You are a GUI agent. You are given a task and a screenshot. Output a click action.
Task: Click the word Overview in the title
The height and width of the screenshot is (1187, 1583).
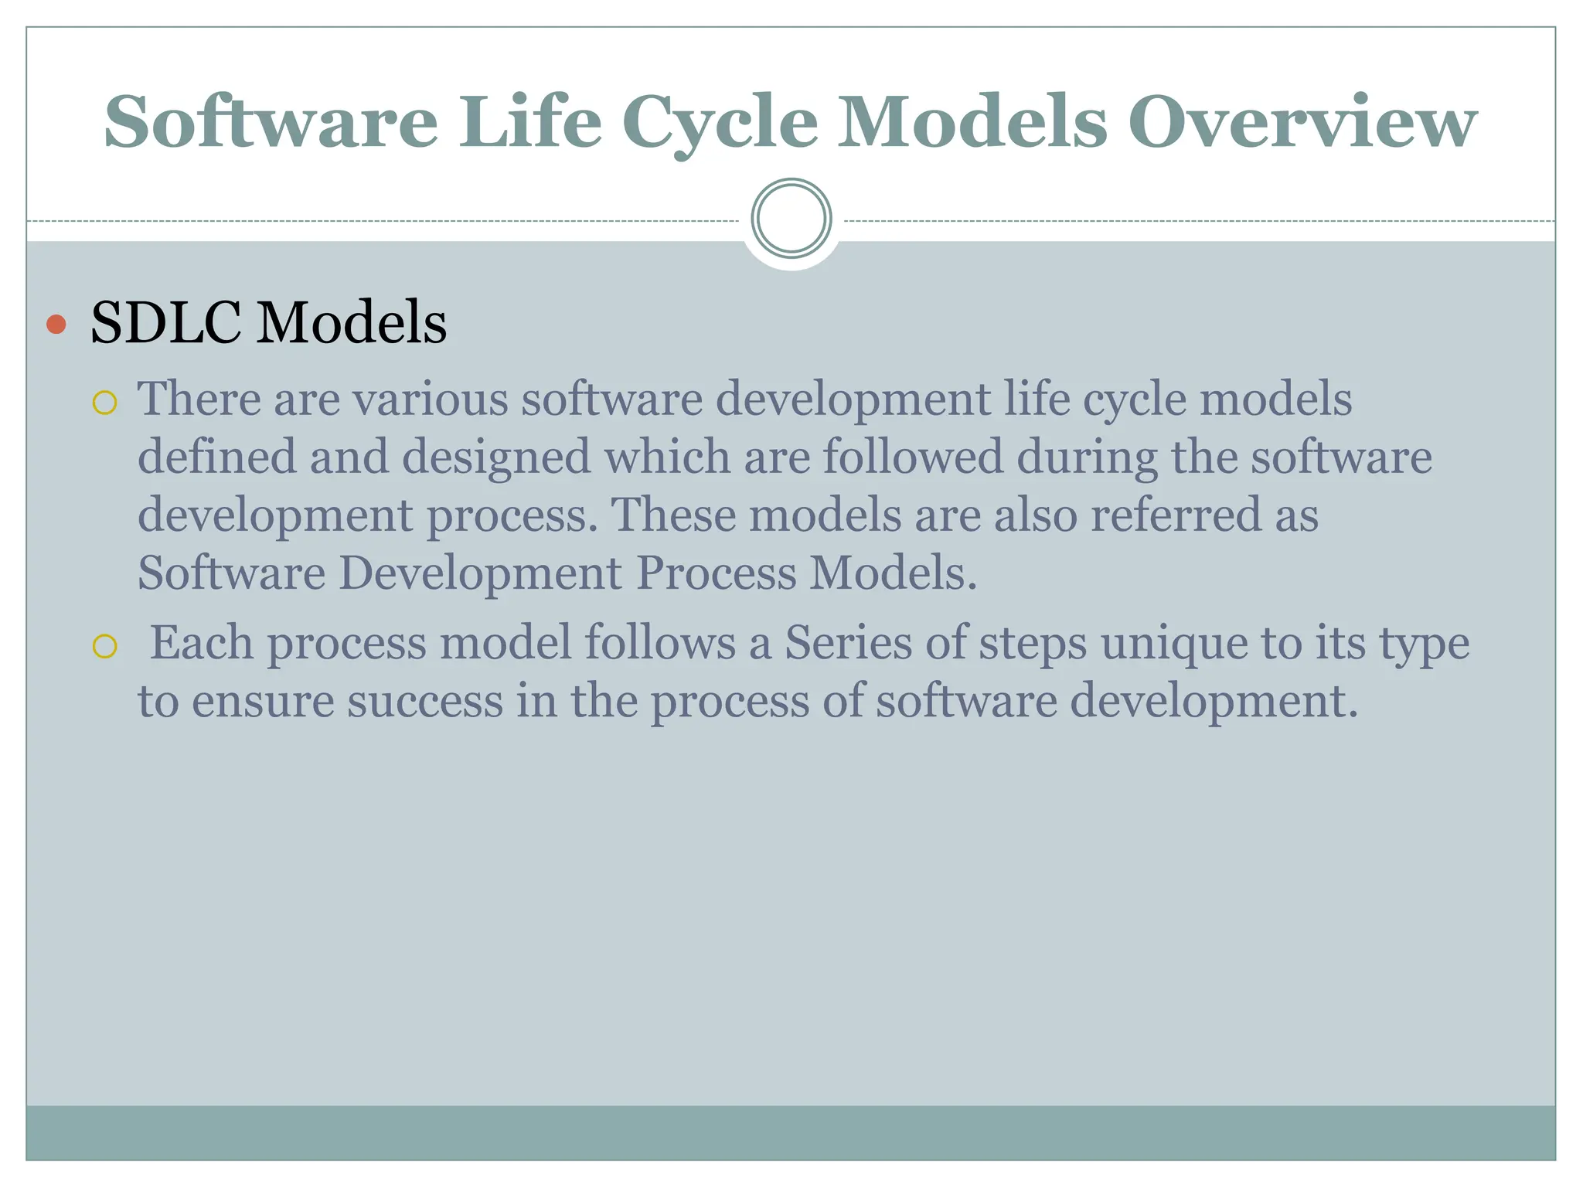(1302, 122)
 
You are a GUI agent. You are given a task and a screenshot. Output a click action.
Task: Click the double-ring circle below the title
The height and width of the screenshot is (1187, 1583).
(791, 219)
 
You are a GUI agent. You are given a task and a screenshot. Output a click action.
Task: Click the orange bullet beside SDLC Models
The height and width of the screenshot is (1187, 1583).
(56, 324)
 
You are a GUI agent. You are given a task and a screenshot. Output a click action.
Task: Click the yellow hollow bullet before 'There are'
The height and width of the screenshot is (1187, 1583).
(104, 403)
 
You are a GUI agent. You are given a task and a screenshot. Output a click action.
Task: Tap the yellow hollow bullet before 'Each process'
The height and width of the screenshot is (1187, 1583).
(104, 646)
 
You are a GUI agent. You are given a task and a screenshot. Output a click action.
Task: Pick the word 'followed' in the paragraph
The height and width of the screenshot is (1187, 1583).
(912, 457)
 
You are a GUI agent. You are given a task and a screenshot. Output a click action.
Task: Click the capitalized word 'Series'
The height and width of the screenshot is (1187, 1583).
(848, 643)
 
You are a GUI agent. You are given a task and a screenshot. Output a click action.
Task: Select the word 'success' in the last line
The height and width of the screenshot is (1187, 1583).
(424, 702)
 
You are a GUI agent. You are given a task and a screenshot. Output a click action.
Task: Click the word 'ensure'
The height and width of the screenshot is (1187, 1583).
(262, 702)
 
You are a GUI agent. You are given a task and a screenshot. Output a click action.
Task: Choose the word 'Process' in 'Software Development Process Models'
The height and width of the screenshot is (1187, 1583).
(716, 573)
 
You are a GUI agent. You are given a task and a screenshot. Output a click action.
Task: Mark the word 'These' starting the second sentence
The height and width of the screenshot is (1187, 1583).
(672, 515)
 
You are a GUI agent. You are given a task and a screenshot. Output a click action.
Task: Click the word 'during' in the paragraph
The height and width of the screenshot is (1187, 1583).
(1086, 457)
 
